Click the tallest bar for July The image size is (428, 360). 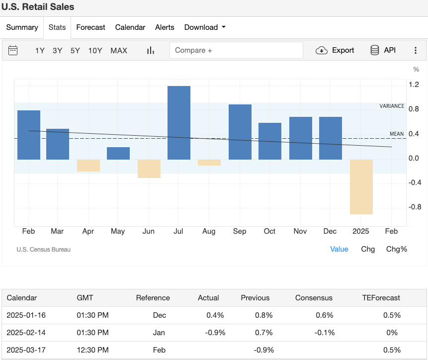click(x=179, y=123)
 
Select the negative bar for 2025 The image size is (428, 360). click(x=361, y=187)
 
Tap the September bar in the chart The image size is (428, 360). click(x=240, y=132)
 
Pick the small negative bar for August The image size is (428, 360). click(x=209, y=163)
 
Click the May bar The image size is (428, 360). click(x=118, y=153)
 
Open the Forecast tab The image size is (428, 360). click(x=90, y=27)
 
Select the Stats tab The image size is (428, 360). click(x=57, y=27)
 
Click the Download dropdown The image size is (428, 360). click(x=205, y=27)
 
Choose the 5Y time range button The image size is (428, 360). click(x=75, y=50)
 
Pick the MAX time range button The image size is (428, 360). click(x=119, y=50)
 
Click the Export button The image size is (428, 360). click(x=335, y=50)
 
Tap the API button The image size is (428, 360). click(x=383, y=50)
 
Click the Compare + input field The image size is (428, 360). click(x=236, y=50)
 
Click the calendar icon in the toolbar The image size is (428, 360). click(x=13, y=50)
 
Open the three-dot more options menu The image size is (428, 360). click(x=416, y=50)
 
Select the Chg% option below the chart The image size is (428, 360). click(x=396, y=249)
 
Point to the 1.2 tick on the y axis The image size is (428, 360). click(x=414, y=85)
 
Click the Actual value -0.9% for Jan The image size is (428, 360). click(x=216, y=332)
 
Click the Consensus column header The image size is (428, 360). click(x=314, y=298)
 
